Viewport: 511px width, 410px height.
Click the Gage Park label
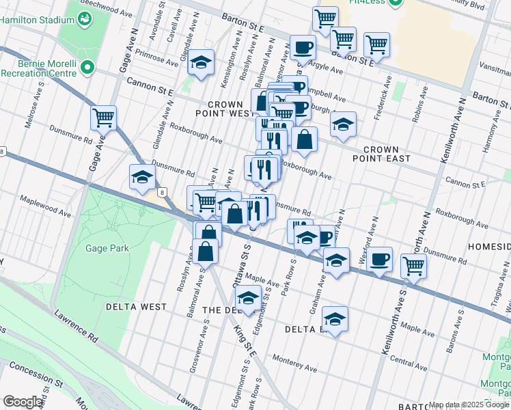(x=103, y=249)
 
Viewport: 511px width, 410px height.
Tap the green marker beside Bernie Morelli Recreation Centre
(x=87, y=67)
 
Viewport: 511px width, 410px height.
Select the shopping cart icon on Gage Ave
(x=103, y=118)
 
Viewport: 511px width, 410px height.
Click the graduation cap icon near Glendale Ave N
(x=200, y=64)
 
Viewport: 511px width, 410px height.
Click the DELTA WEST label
(x=136, y=307)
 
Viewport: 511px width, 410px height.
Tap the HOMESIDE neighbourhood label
(x=489, y=245)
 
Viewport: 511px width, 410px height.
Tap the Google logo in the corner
(x=23, y=402)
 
